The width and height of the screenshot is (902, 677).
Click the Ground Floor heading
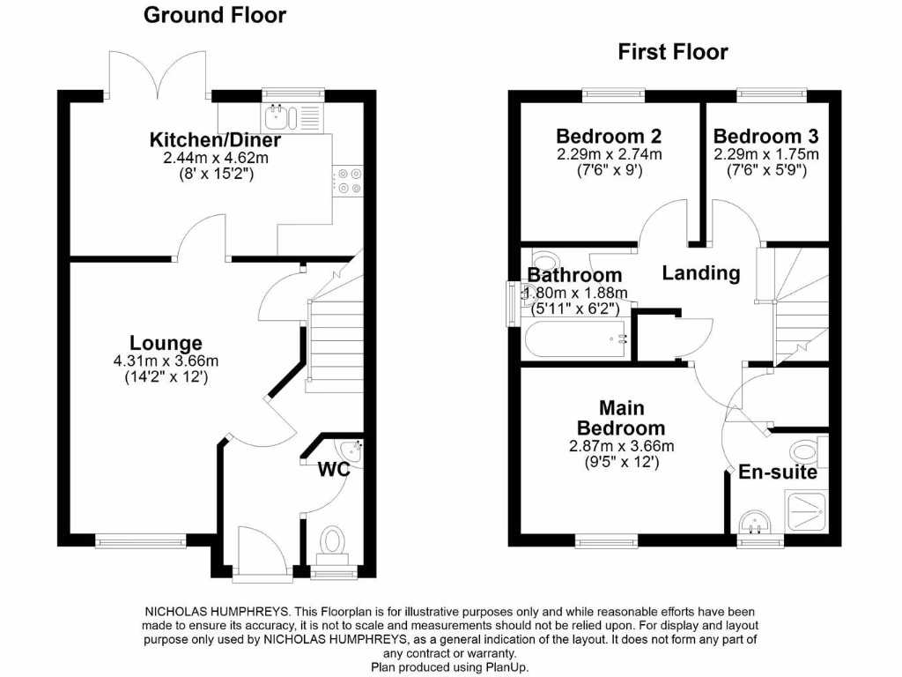(x=214, y=15)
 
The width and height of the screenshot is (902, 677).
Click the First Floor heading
(x=673, y=52)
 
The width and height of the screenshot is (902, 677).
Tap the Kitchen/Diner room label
(x=215, y=140)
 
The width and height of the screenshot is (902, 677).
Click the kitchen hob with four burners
(x=348, y=181)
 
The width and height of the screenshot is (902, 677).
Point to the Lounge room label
(x=166, y=343)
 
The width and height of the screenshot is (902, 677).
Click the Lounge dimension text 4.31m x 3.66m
(x=166, y=361)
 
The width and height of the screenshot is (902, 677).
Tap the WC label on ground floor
(x=335, y=470)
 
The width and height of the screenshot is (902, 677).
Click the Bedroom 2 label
(x=609, y=137)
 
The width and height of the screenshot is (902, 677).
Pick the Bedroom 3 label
(x=765, y=137)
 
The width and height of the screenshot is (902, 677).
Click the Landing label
(x=701, y=273)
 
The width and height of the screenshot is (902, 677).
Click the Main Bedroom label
(x=621, y=419)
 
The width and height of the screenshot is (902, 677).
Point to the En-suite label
(x=778, y=472)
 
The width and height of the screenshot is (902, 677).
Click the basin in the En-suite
(x=754, y=524)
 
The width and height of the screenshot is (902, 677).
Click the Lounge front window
(x=129, y=541)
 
